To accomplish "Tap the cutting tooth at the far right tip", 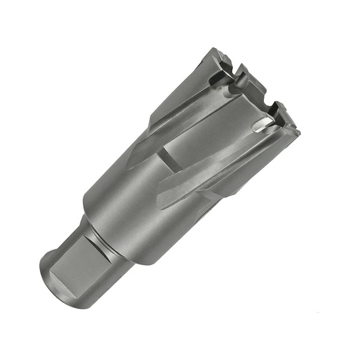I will (291, 128).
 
